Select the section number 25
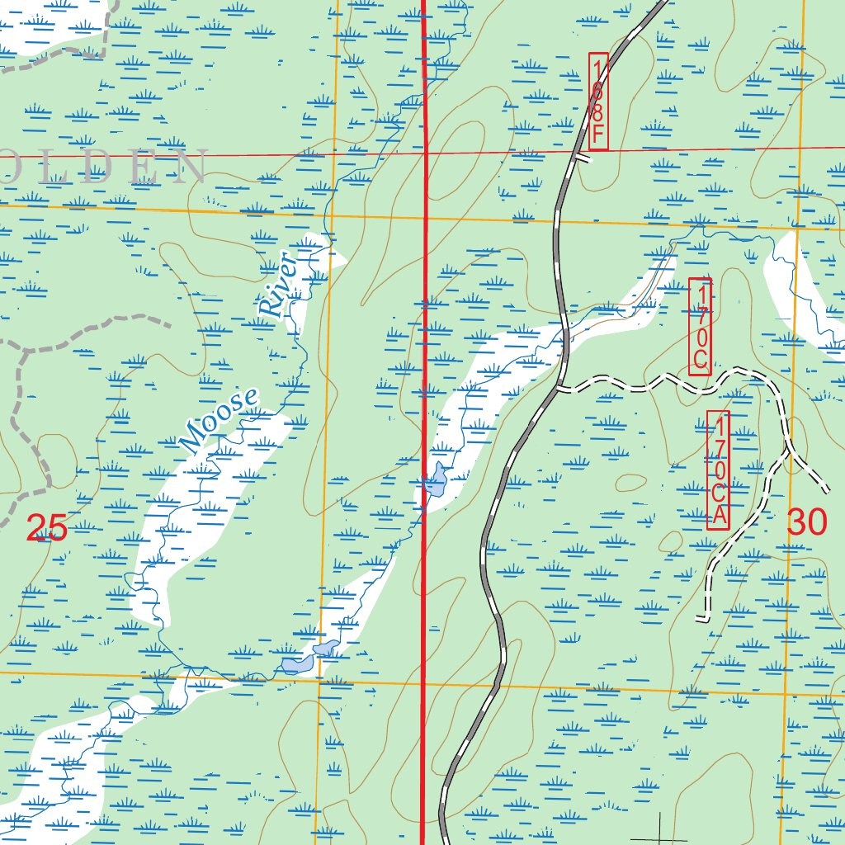tap(46, 528)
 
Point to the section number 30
tap(806, 522)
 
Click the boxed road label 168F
tap(598, 101)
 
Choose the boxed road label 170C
tap(700, 327)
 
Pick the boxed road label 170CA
tap(719, 470)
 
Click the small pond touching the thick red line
tap(435, 479)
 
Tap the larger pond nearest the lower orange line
tap(293, 664)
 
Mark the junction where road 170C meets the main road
tap(559, 386)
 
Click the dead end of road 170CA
tap(700, 618)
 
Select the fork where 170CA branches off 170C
tap(789, 452)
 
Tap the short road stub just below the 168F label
tap(583, 159)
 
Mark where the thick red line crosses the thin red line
tap(425, 152)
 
